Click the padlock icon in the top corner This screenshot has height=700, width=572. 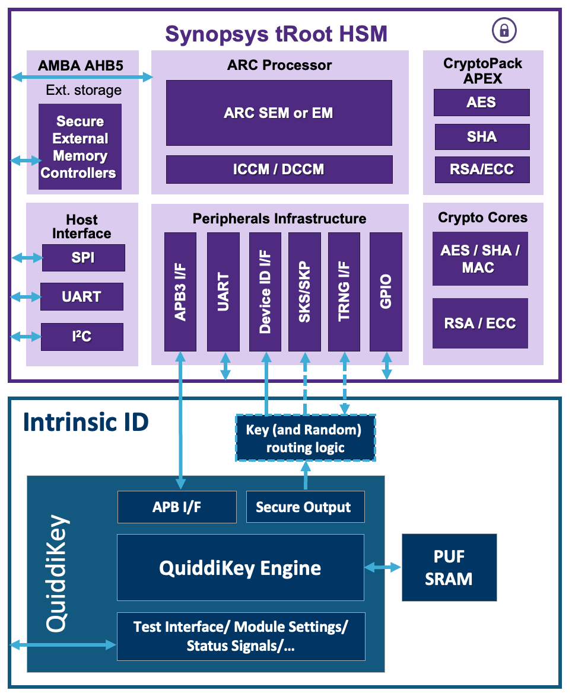pos(504,30)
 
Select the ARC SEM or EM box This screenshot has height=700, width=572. pos(279,113)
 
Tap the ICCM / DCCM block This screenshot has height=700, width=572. pos(279,170)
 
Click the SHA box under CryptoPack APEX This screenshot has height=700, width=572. pos(482,137)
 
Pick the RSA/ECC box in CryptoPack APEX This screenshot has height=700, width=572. pos(482,170)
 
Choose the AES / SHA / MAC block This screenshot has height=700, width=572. pos(480,259)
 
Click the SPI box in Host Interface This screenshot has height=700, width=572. pos(83,258)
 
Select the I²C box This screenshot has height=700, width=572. pos(82,337)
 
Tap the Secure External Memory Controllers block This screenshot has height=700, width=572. pos(80,147)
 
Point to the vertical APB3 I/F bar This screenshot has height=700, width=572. pos(180,291)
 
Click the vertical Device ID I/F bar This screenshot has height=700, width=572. pos(265,291)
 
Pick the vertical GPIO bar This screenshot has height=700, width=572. pos(386,291)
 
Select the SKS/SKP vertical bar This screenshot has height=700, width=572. pos(304,291)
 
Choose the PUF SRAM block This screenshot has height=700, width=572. pos(449,568)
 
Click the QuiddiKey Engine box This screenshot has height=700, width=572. pos(240,568)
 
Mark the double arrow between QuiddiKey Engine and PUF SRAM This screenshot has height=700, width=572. pos(383,567)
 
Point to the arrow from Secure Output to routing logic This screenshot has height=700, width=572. pos(306,477)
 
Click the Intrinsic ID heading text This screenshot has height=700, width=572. pos(86,423)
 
